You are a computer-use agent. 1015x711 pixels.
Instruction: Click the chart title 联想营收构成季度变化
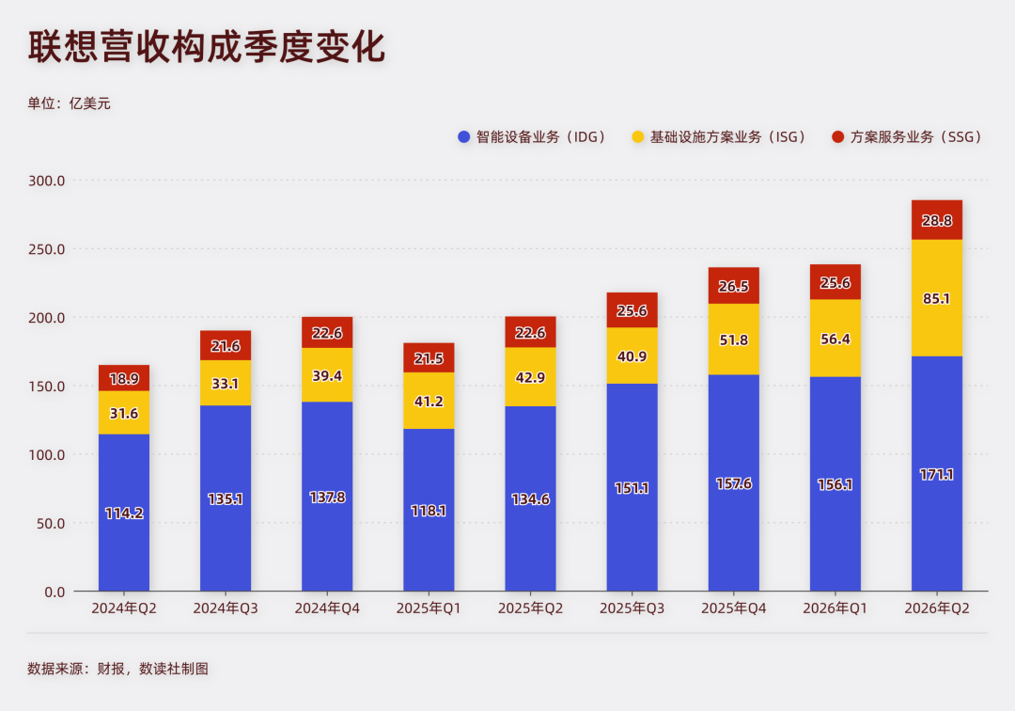(207, 47)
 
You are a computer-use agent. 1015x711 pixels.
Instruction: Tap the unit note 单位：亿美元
(69, 103)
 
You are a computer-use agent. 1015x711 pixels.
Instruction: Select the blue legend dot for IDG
(463, 136)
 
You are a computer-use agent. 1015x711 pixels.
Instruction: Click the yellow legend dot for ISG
(637, 136)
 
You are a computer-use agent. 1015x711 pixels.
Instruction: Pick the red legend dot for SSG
(837, 136)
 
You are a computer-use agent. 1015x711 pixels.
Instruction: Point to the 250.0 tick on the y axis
(47, 249)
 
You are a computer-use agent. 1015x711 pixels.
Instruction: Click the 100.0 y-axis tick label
(47, 455)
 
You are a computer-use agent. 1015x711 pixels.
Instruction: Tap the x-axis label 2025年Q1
(429, 608)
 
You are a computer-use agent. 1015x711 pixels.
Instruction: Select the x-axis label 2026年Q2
(937, 608)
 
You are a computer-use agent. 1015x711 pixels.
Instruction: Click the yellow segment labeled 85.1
(937, 298)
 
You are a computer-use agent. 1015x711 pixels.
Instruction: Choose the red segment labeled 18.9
(124, 378)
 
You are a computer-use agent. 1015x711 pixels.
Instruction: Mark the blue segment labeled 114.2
(124, 513)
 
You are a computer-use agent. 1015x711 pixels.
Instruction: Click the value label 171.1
(937, 475)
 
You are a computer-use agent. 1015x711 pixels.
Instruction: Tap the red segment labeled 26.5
(733, 286)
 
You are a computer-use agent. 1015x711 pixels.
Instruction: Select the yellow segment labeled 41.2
(429, 401)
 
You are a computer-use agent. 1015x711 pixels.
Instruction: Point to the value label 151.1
(632, 488)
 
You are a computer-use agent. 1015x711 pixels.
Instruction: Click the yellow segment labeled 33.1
(226, 384)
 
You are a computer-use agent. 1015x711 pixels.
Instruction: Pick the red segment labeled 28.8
(937, 220)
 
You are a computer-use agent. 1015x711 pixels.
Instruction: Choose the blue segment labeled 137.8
(327, 497)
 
